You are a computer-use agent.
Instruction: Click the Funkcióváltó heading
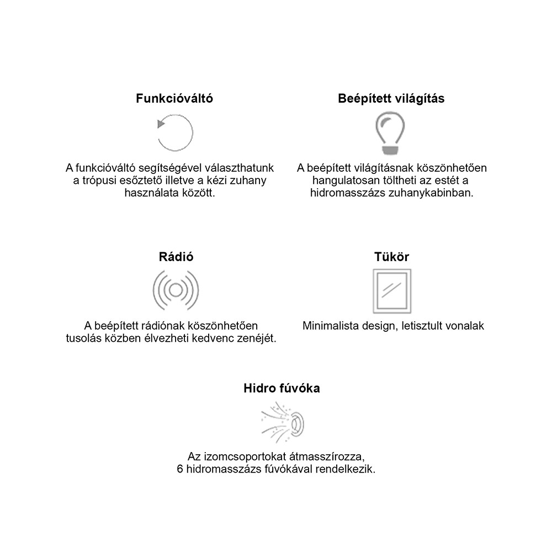click(174, 99)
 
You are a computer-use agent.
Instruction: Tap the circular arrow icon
click(175, 132)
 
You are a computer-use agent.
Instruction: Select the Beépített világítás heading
click(391, 99)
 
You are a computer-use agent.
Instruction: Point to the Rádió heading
click(176, 257)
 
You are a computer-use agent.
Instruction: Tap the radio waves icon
click(176, 289)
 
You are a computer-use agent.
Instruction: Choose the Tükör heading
click(391, 257)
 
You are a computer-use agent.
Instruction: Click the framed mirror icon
click(391, 290)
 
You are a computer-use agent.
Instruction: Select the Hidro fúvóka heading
click(282, 388)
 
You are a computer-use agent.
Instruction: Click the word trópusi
click(97, 181)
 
